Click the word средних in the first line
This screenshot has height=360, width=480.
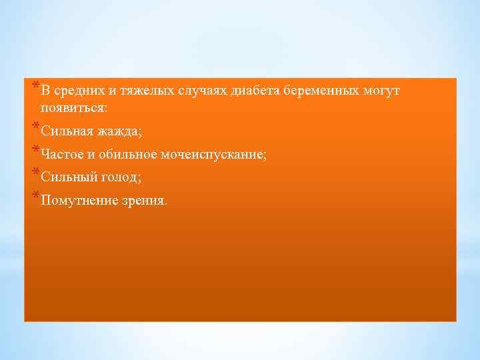pos(77,91)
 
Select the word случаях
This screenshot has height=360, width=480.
pos(202,91)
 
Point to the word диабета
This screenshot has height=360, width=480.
pos(255,91)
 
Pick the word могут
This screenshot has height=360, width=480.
pos(381,91)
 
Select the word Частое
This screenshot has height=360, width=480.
pos(62,155)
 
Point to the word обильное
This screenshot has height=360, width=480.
pos(127,155)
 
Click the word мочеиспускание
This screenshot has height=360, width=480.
pos(213,155)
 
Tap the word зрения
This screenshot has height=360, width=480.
pos(146,200)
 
